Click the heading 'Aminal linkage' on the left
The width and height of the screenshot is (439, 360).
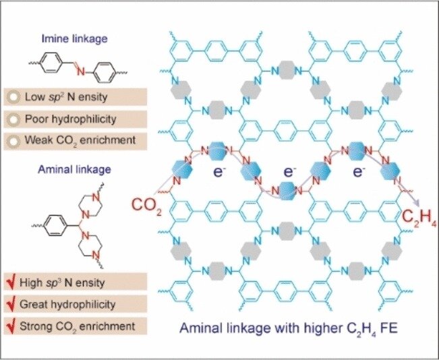(67, 171)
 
